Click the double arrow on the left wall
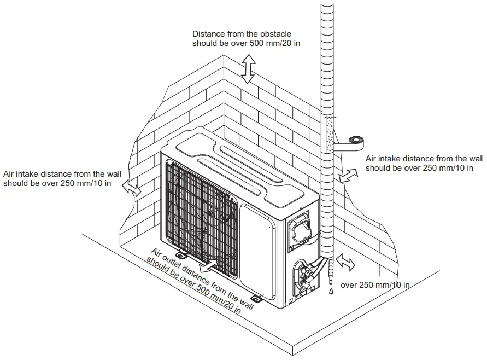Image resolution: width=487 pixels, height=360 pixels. [131, 188]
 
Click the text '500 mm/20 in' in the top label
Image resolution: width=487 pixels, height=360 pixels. [275, 43]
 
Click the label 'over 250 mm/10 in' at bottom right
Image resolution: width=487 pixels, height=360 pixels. [375, 285]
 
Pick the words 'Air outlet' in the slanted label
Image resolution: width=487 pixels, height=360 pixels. [168, 257]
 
